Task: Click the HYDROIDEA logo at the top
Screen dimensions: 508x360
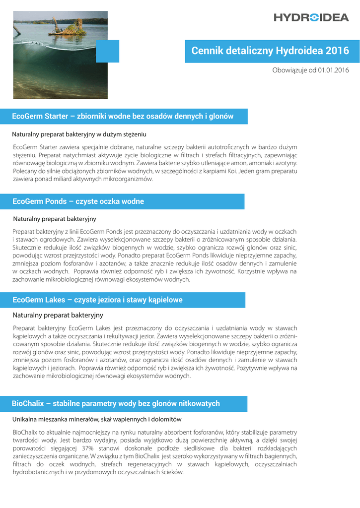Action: (x=311, y=18)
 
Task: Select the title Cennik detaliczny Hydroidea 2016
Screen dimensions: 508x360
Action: (x=270, y=51)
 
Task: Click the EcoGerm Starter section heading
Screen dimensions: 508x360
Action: (x=123, y=117)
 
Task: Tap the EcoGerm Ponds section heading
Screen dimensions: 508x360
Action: (x=78, y=201)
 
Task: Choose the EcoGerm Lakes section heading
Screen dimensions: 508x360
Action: (x=97, y=300)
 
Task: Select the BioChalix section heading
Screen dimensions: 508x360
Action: (x=116, y=403)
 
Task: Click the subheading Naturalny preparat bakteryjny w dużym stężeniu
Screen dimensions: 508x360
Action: (x=79, y=134)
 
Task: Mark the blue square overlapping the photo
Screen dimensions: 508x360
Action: (x=107, y=51)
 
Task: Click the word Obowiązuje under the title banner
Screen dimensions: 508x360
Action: (x=289, y=70)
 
